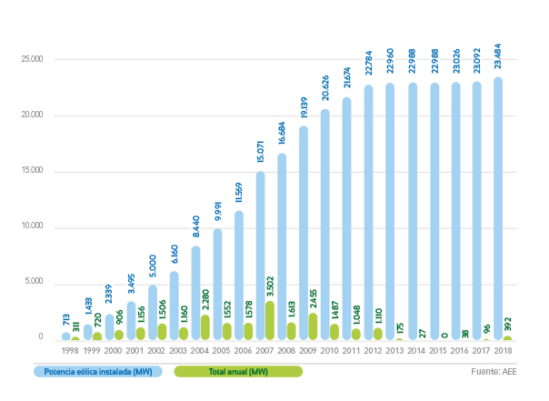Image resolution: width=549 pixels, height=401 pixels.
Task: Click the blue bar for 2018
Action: coord(497,208)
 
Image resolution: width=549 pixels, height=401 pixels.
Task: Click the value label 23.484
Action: coord(498,58)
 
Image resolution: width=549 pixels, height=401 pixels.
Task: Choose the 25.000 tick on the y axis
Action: coord(33,60)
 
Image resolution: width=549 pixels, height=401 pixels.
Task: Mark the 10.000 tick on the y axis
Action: coord(33,226)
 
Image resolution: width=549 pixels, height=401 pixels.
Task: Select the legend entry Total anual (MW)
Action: coord(238,371)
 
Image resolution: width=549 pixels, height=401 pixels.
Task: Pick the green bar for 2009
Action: coord(314,326)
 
